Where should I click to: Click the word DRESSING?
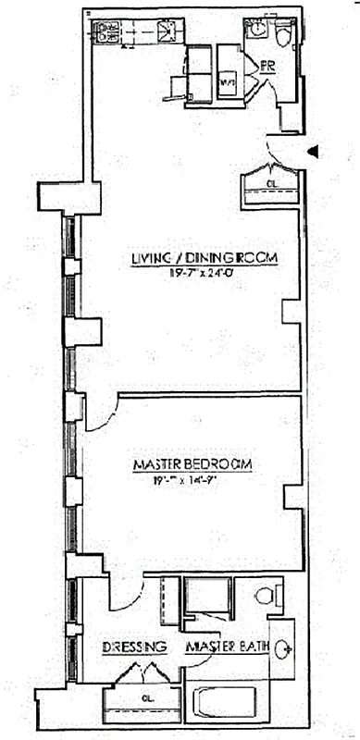pos(134,647)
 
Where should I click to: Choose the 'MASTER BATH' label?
pos(227,647)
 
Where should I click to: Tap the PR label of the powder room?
pos(268,66)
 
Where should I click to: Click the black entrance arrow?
pos(315,150)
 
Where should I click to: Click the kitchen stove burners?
pos(105,34)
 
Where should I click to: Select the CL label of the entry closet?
pos(271,184)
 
